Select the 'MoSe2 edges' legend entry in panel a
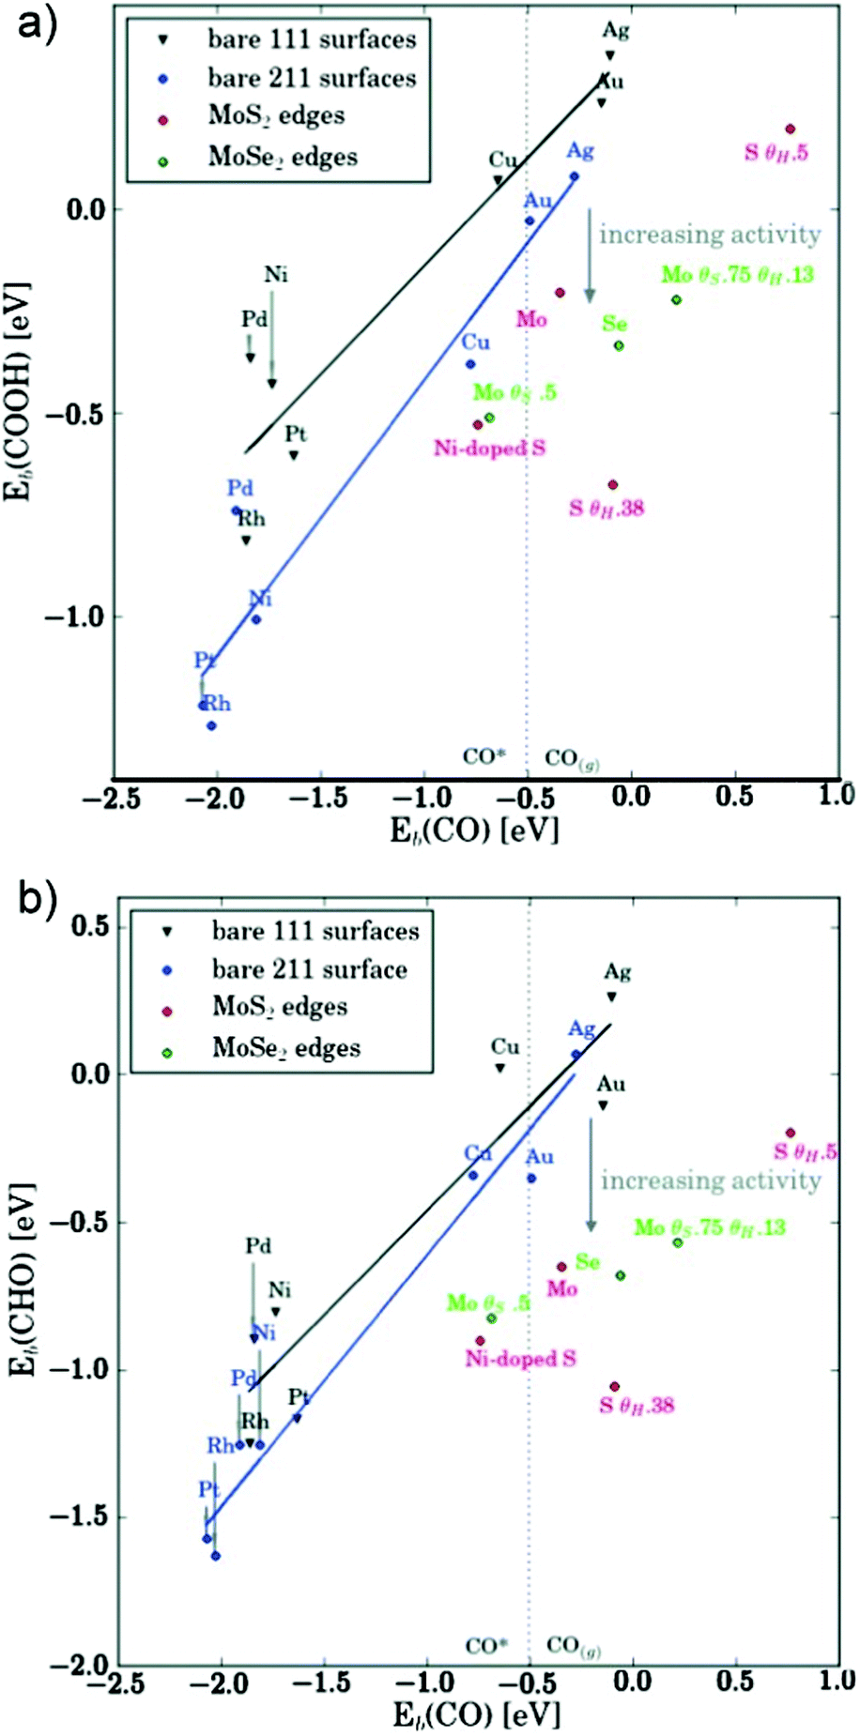click(x=283, y=157)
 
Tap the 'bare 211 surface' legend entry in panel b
click(x=309, y=969)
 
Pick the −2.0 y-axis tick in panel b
click(x=80, y=1666)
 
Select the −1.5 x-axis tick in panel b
click(x=324, y=1679)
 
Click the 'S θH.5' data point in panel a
click(x=791, y=129)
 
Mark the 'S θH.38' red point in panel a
click(x=613, y=484)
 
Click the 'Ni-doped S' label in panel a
click(x=489, y=449)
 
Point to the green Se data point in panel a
click(x=619, y=345)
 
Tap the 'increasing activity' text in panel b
click(x=711, y=1180)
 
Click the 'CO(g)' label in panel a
click(x=572, y=758)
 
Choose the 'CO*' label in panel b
click(x=486, y=1645)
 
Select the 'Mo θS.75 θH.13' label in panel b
click(x=710, y=1226)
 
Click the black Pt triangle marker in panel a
click(x=294, y=455)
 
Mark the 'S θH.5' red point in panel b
click(x=791, y=1133)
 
